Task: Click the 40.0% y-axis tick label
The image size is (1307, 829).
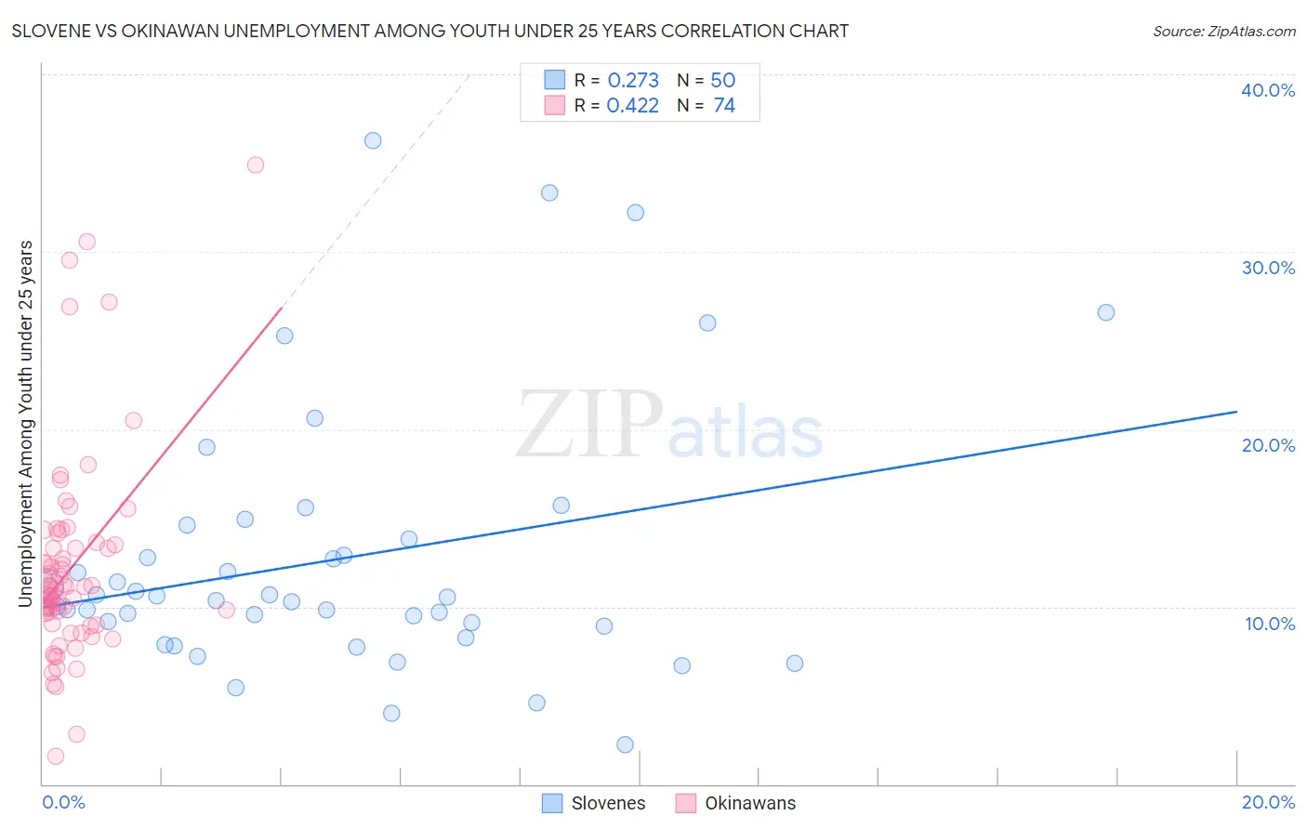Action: point(1267,90)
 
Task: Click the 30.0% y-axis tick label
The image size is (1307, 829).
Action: point(1267,268)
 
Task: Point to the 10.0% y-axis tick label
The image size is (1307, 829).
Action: point(1269,624)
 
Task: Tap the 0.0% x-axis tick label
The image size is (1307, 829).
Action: point(63,802)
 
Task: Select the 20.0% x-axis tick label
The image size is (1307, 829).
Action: point(1268,802)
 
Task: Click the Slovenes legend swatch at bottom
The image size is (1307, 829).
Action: point(552,803)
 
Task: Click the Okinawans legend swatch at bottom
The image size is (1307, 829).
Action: point(686,803)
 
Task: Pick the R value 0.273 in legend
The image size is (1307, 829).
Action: point(633,81)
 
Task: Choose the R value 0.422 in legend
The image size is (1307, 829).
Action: point(632,106)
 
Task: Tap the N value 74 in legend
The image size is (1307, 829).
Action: point(724,106)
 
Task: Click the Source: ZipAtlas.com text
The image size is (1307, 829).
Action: point(1223,31)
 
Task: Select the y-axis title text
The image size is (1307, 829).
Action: point(25,424)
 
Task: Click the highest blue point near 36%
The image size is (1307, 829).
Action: point(373,140)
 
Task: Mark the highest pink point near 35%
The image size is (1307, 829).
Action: point(256,164)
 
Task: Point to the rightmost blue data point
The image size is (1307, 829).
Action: point(1106,312)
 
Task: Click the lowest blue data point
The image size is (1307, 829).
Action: point(625,744)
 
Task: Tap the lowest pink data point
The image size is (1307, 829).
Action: point(56,757)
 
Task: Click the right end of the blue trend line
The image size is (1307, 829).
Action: point(1236,411)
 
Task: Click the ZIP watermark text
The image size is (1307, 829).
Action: point(589,426)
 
